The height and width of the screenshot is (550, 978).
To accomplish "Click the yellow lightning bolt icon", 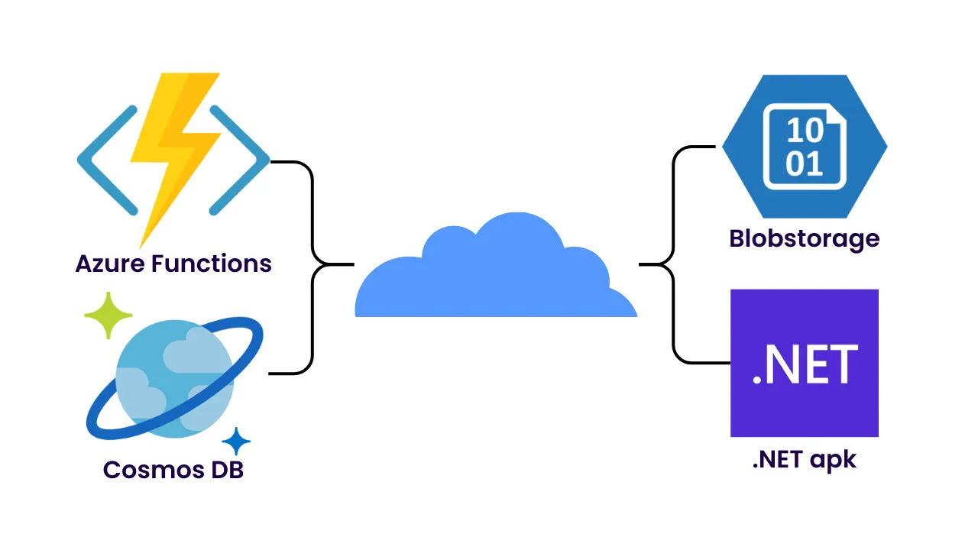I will [x=174, y=153].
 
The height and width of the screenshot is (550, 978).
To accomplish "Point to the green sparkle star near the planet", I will [x=108, y=315].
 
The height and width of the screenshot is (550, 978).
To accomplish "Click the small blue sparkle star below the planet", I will [x=236, y=442].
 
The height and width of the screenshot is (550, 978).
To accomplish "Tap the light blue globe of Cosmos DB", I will [x=174, y=378].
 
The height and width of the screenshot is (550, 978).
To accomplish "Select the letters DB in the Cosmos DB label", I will [x=225, y=469].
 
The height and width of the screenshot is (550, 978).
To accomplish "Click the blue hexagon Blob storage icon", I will [x=805, y=145].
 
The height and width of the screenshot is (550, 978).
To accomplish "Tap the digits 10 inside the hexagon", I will [x=805, y=131].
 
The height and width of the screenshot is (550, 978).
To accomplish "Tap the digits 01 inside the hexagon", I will [x=805, y=163].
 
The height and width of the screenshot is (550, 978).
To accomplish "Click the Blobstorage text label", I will [x=805, y=239].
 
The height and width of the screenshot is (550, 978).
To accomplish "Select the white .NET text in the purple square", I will [x=805, y=365].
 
